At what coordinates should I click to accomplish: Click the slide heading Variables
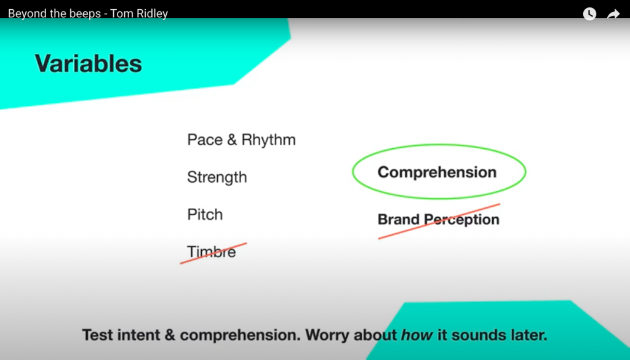pos(89,63)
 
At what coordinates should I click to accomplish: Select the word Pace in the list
pos(204,140)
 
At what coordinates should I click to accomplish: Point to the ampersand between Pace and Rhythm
pos(232,140)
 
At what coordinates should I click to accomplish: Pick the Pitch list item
pos(205,215)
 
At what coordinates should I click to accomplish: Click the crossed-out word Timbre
pos(212,252)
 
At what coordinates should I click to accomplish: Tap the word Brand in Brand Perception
pos(399,219)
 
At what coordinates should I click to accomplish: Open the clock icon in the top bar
pos(589,14)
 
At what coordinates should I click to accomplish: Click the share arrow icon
pos(613,14)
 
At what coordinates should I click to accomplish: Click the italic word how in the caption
pos(418,335)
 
